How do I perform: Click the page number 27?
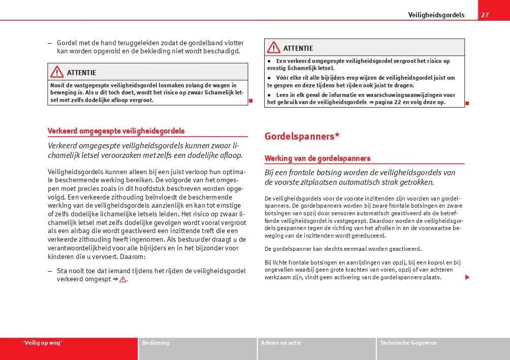coord(485,15)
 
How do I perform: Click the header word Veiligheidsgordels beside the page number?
coord(436,15)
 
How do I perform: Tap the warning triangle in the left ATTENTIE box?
coord(57,72)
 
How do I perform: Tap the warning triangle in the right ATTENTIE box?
coord(273,48)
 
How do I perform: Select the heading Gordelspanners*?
coord(302,136)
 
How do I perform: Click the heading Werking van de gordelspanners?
coord(317,158)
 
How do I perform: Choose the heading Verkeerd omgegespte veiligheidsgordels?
coord(116,131)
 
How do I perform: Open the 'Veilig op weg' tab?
coord(43,343)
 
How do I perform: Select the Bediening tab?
coord(156,343)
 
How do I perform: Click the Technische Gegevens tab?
coord(408,343)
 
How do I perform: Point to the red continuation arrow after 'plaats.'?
coord(467,277)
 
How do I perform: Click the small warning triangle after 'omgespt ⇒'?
coord(122,280)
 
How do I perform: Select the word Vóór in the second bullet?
coord(282,78)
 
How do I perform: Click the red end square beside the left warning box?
coord(251,101)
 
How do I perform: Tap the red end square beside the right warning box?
coord(467,103)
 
